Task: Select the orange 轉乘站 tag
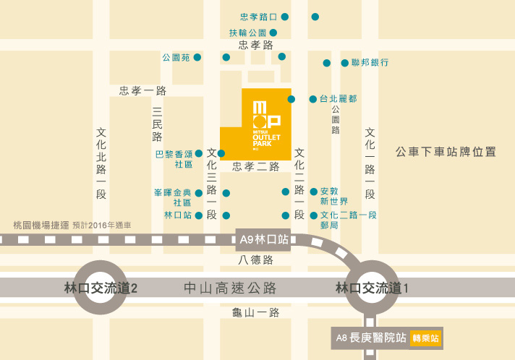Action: click(425, 337)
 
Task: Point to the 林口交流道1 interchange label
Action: click(373, 288)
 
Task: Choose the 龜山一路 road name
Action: click(255, 312)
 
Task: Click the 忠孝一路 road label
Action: click(143, 90)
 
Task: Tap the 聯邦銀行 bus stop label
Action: click(370, 63)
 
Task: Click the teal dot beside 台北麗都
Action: click(291, 99)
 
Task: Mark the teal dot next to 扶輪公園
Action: click(273, 33)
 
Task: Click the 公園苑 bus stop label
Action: click(176, 57)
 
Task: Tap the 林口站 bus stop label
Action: click(178, 215)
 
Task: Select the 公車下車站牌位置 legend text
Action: click(446, 152)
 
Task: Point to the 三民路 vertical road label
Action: click(158, 124)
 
